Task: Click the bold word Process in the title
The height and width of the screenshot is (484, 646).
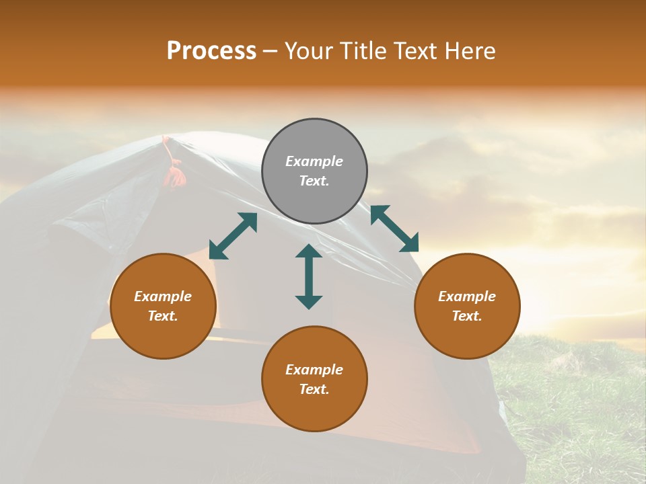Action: tap(211, 51)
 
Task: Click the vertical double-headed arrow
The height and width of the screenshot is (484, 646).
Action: tap(309, 276)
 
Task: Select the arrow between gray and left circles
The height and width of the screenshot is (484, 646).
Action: tap(234, 236)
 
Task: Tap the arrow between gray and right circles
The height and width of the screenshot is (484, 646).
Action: tap(394, 229)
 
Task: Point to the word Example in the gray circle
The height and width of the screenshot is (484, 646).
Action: tap(314, 161)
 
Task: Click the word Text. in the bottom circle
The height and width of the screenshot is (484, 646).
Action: tap(314, 389)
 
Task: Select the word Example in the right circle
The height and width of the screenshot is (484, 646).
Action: tap(467, 296)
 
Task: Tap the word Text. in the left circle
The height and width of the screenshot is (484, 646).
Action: tap(163, 316)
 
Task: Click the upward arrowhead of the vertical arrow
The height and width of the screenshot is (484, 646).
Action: tap(309, 251)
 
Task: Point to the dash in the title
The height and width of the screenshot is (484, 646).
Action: tap(271, 52)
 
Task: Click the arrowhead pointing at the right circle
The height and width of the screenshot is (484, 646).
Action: tap(409, 243)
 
